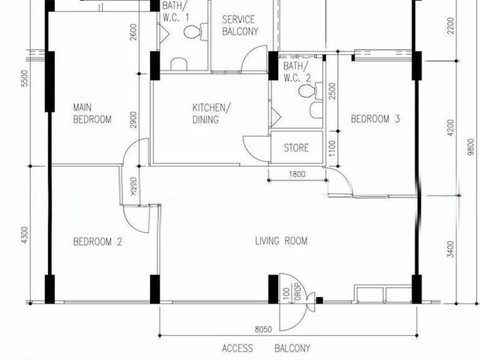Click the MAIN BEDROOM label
[92, 113]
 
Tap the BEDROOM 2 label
[97, 241]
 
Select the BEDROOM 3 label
[375, 118]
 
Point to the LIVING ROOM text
[281, 241]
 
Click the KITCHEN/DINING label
[206, 113]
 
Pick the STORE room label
[295, 148]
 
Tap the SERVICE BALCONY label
[240, 25]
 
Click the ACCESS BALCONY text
[265, 348]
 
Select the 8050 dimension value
[263, 328]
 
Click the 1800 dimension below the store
[297, 175]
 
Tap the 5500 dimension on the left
[25, 79]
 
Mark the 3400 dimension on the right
[450, 248]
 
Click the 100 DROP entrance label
[292, 293]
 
